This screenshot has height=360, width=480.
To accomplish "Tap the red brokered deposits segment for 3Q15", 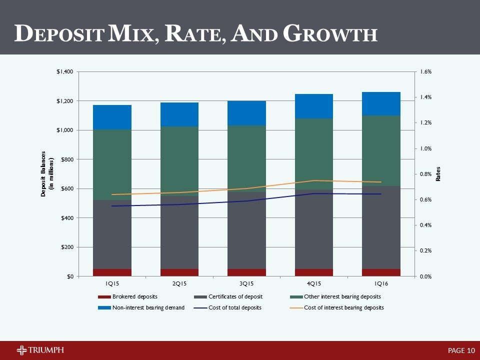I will click(246, 272).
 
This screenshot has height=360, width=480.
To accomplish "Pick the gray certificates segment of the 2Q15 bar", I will click(179, 235).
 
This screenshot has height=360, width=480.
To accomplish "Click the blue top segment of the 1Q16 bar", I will click(381, 103).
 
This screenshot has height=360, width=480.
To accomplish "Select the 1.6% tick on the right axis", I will click(425, 72).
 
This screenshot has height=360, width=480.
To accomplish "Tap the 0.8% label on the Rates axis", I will click(425, 174).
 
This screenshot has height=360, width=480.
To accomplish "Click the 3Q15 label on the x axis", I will click(246, 283).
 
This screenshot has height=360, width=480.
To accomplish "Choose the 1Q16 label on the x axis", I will click(381, 283).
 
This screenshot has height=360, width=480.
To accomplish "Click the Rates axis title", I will click(438, 174).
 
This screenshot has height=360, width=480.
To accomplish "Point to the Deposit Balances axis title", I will click(46, 174).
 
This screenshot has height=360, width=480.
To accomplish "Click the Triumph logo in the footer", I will click(40, 349).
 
